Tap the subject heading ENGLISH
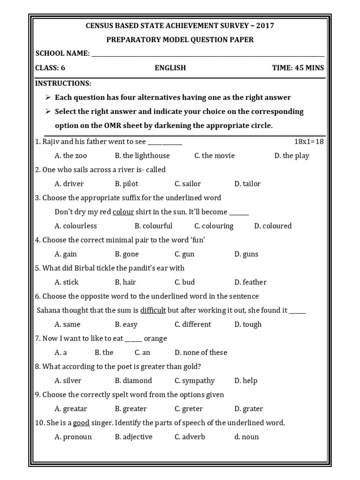point(170,68)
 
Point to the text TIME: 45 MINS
point(298,68)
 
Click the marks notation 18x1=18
point(308,142)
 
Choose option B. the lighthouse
point(142,156)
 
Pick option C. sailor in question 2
point(187,184)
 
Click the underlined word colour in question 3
point(123,212)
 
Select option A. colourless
point(75,226)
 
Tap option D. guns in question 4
point(246,254)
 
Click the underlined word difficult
point(153,310)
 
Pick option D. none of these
point(201,352)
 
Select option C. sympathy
point(195,381)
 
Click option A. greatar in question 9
point(71,409)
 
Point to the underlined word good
point(81,423)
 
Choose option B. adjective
point(134,437)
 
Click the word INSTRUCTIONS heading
point(63,83)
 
